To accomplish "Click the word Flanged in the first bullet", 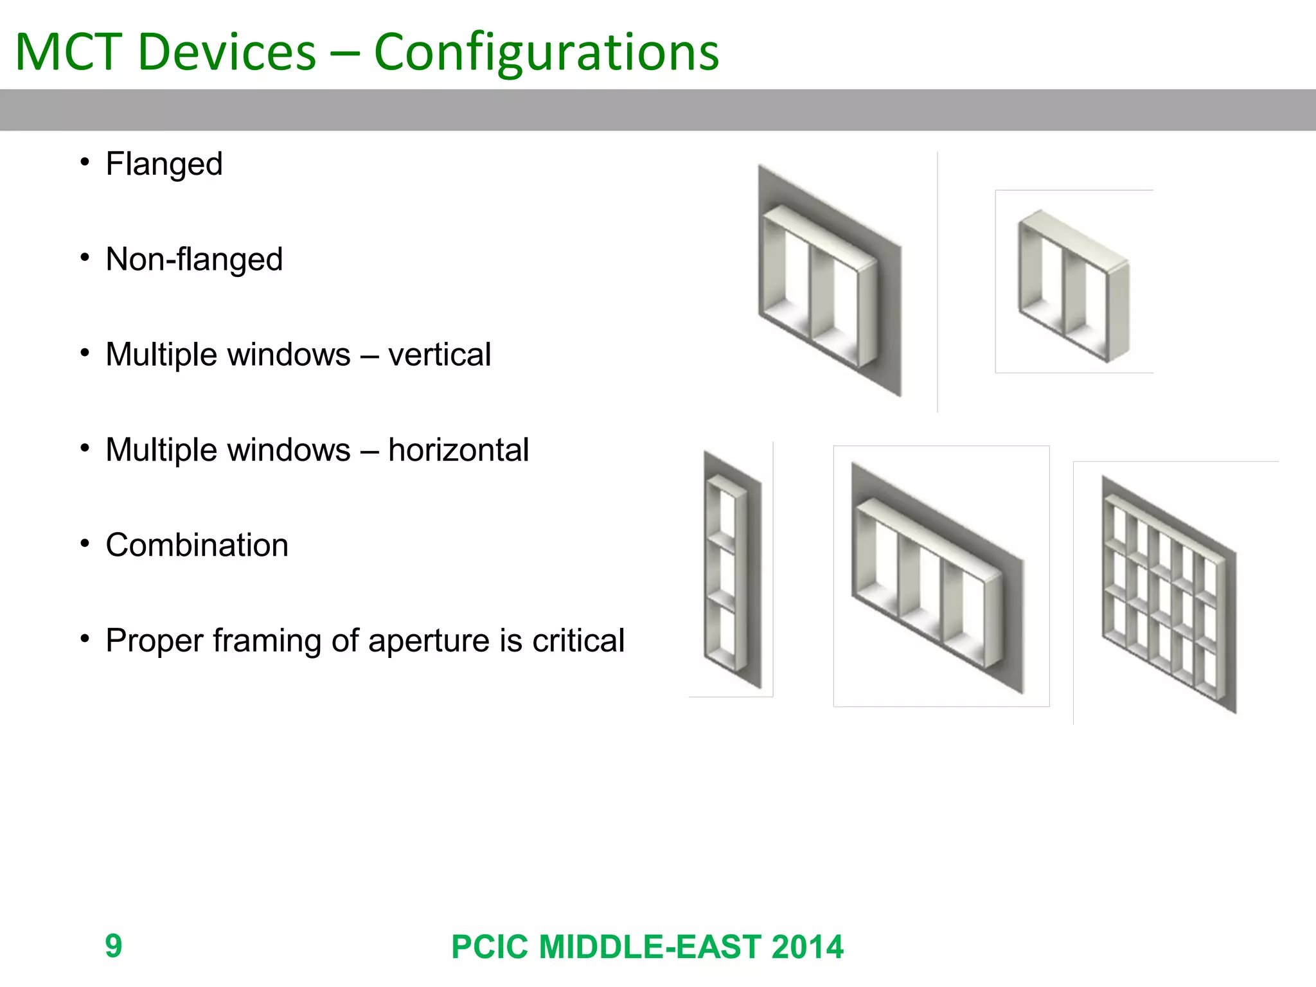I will (x=164, y=164).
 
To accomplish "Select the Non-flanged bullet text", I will (x=194, y=260).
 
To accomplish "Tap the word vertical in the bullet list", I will (x=440, y=355).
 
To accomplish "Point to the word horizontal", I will (x=458, y=450).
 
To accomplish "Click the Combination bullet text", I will (x=197, y=546).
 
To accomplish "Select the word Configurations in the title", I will (x=546, y=53).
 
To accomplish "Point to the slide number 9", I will (x=114, y=946).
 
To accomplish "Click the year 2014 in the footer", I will (x=807, y=947).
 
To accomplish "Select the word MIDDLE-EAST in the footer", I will (x=650, y=947).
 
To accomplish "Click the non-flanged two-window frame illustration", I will (x=1072, y=285).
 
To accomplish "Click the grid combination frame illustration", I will (x=1168, y=594).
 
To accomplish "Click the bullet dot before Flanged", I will (x=84, y=163).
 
